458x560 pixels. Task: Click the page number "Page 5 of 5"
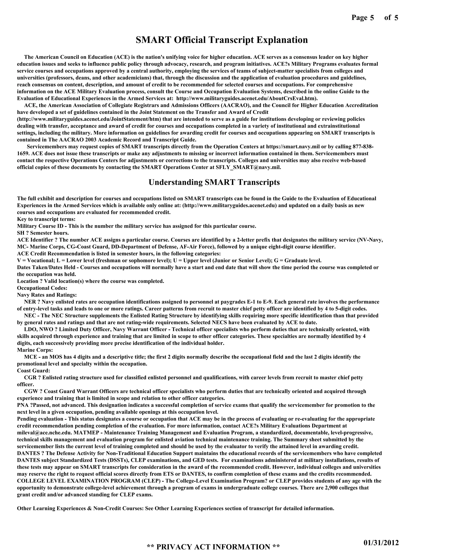point(375,18)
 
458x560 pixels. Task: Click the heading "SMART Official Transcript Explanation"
point(222,40)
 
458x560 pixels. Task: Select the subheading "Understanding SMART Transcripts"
point(214,182)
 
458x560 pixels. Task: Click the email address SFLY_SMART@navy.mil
point(248,167)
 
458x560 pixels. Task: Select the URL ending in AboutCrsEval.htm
point(246,98)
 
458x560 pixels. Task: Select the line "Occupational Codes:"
point(42,288)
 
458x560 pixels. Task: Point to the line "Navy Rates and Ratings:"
point(47,295)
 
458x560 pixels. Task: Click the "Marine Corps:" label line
point(35,350)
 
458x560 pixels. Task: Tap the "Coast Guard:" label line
point(34,370)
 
